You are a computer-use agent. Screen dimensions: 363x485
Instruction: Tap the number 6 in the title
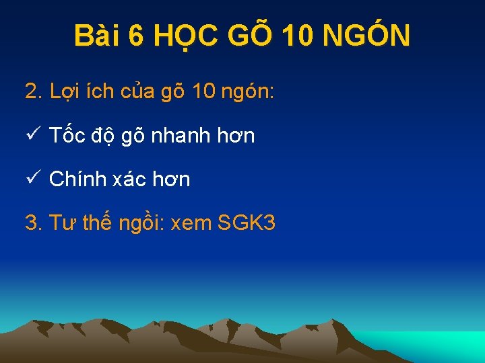(136, 36)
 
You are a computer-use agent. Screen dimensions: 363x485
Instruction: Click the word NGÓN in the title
(366, 36)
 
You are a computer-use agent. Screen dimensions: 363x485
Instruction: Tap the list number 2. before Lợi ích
(34, 91)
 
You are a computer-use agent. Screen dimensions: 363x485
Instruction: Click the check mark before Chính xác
(34, 178)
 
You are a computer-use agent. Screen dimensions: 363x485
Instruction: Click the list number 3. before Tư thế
(34, 223)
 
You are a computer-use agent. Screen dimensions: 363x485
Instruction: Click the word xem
(192, 223)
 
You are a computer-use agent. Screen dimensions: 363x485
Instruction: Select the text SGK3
(247, 223)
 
